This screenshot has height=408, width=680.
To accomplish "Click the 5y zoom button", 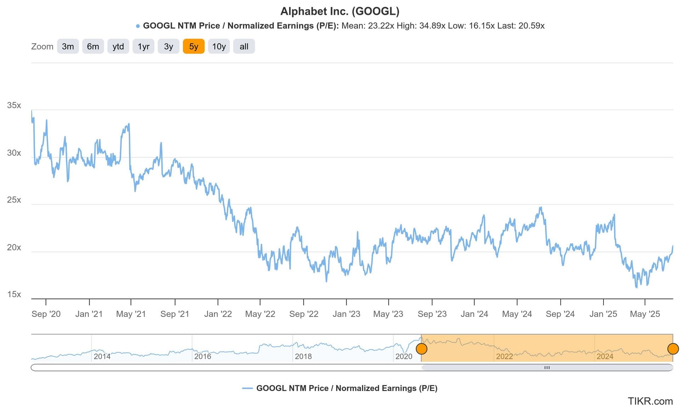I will (x=193, y=46).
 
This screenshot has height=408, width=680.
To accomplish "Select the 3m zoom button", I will (x=68, y=46).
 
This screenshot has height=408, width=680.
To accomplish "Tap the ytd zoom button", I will (x=118, y=46).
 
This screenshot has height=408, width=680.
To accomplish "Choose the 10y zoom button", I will (x=219, y=46).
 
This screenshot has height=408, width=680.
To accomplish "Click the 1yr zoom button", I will (x=143, y=46).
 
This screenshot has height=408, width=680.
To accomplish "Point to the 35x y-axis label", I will (x=14, y=105).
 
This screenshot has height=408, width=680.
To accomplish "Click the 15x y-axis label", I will (x=14, y=294).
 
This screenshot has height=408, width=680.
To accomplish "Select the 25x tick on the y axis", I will (x=14, y=200).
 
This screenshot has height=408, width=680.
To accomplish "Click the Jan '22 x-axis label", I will (x=218, y=314).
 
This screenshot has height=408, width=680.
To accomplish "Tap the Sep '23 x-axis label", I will (x=432, y=314).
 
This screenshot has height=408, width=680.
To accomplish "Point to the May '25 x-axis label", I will (x=645, y=314).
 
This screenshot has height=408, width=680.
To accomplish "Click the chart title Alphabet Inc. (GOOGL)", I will (x=340, y=11).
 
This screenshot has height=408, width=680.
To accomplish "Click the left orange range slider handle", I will (x=421, y=348).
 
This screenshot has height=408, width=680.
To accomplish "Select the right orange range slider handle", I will (x=673, y=348).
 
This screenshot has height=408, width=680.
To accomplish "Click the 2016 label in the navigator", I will (x=203, y=356).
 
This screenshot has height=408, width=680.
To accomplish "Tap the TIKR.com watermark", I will (x=650, y=401).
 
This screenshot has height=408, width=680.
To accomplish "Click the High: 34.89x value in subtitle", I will (x=421, y=26).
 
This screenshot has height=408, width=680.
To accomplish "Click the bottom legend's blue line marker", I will (x=247, y=389).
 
